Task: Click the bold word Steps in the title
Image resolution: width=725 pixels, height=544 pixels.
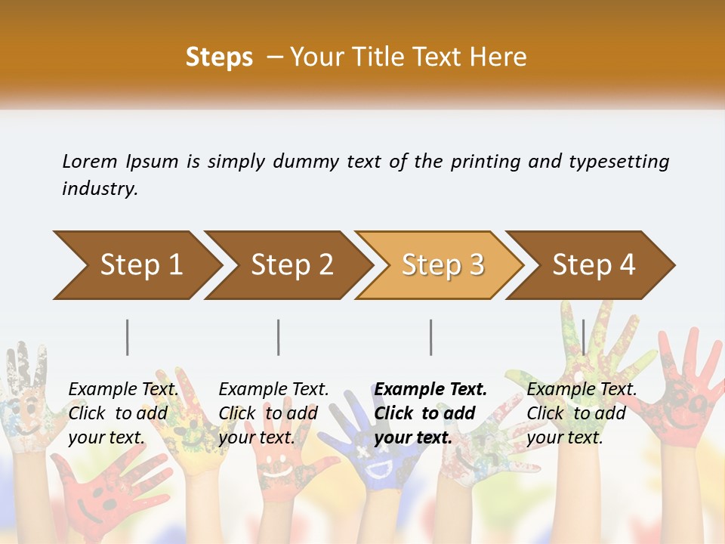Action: pos(219,57)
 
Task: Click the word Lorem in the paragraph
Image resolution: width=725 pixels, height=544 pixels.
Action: pos(90,162)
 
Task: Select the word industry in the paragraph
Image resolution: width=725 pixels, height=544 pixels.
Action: pos(99,189)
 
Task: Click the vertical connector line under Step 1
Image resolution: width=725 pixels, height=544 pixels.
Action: pos(128,337)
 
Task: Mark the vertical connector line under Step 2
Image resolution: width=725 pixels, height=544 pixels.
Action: pos(279,337)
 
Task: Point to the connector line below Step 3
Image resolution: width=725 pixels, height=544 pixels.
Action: pos(431,337)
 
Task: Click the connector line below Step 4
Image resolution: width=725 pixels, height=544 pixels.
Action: pos(584,337)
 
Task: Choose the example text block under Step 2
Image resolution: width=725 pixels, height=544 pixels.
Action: pos(273,413)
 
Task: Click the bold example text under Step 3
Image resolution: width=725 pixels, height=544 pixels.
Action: pos(430,413)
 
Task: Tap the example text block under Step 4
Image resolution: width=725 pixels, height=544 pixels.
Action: pos(581,413)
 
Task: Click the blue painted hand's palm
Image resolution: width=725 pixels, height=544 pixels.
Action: pos(381,461)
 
